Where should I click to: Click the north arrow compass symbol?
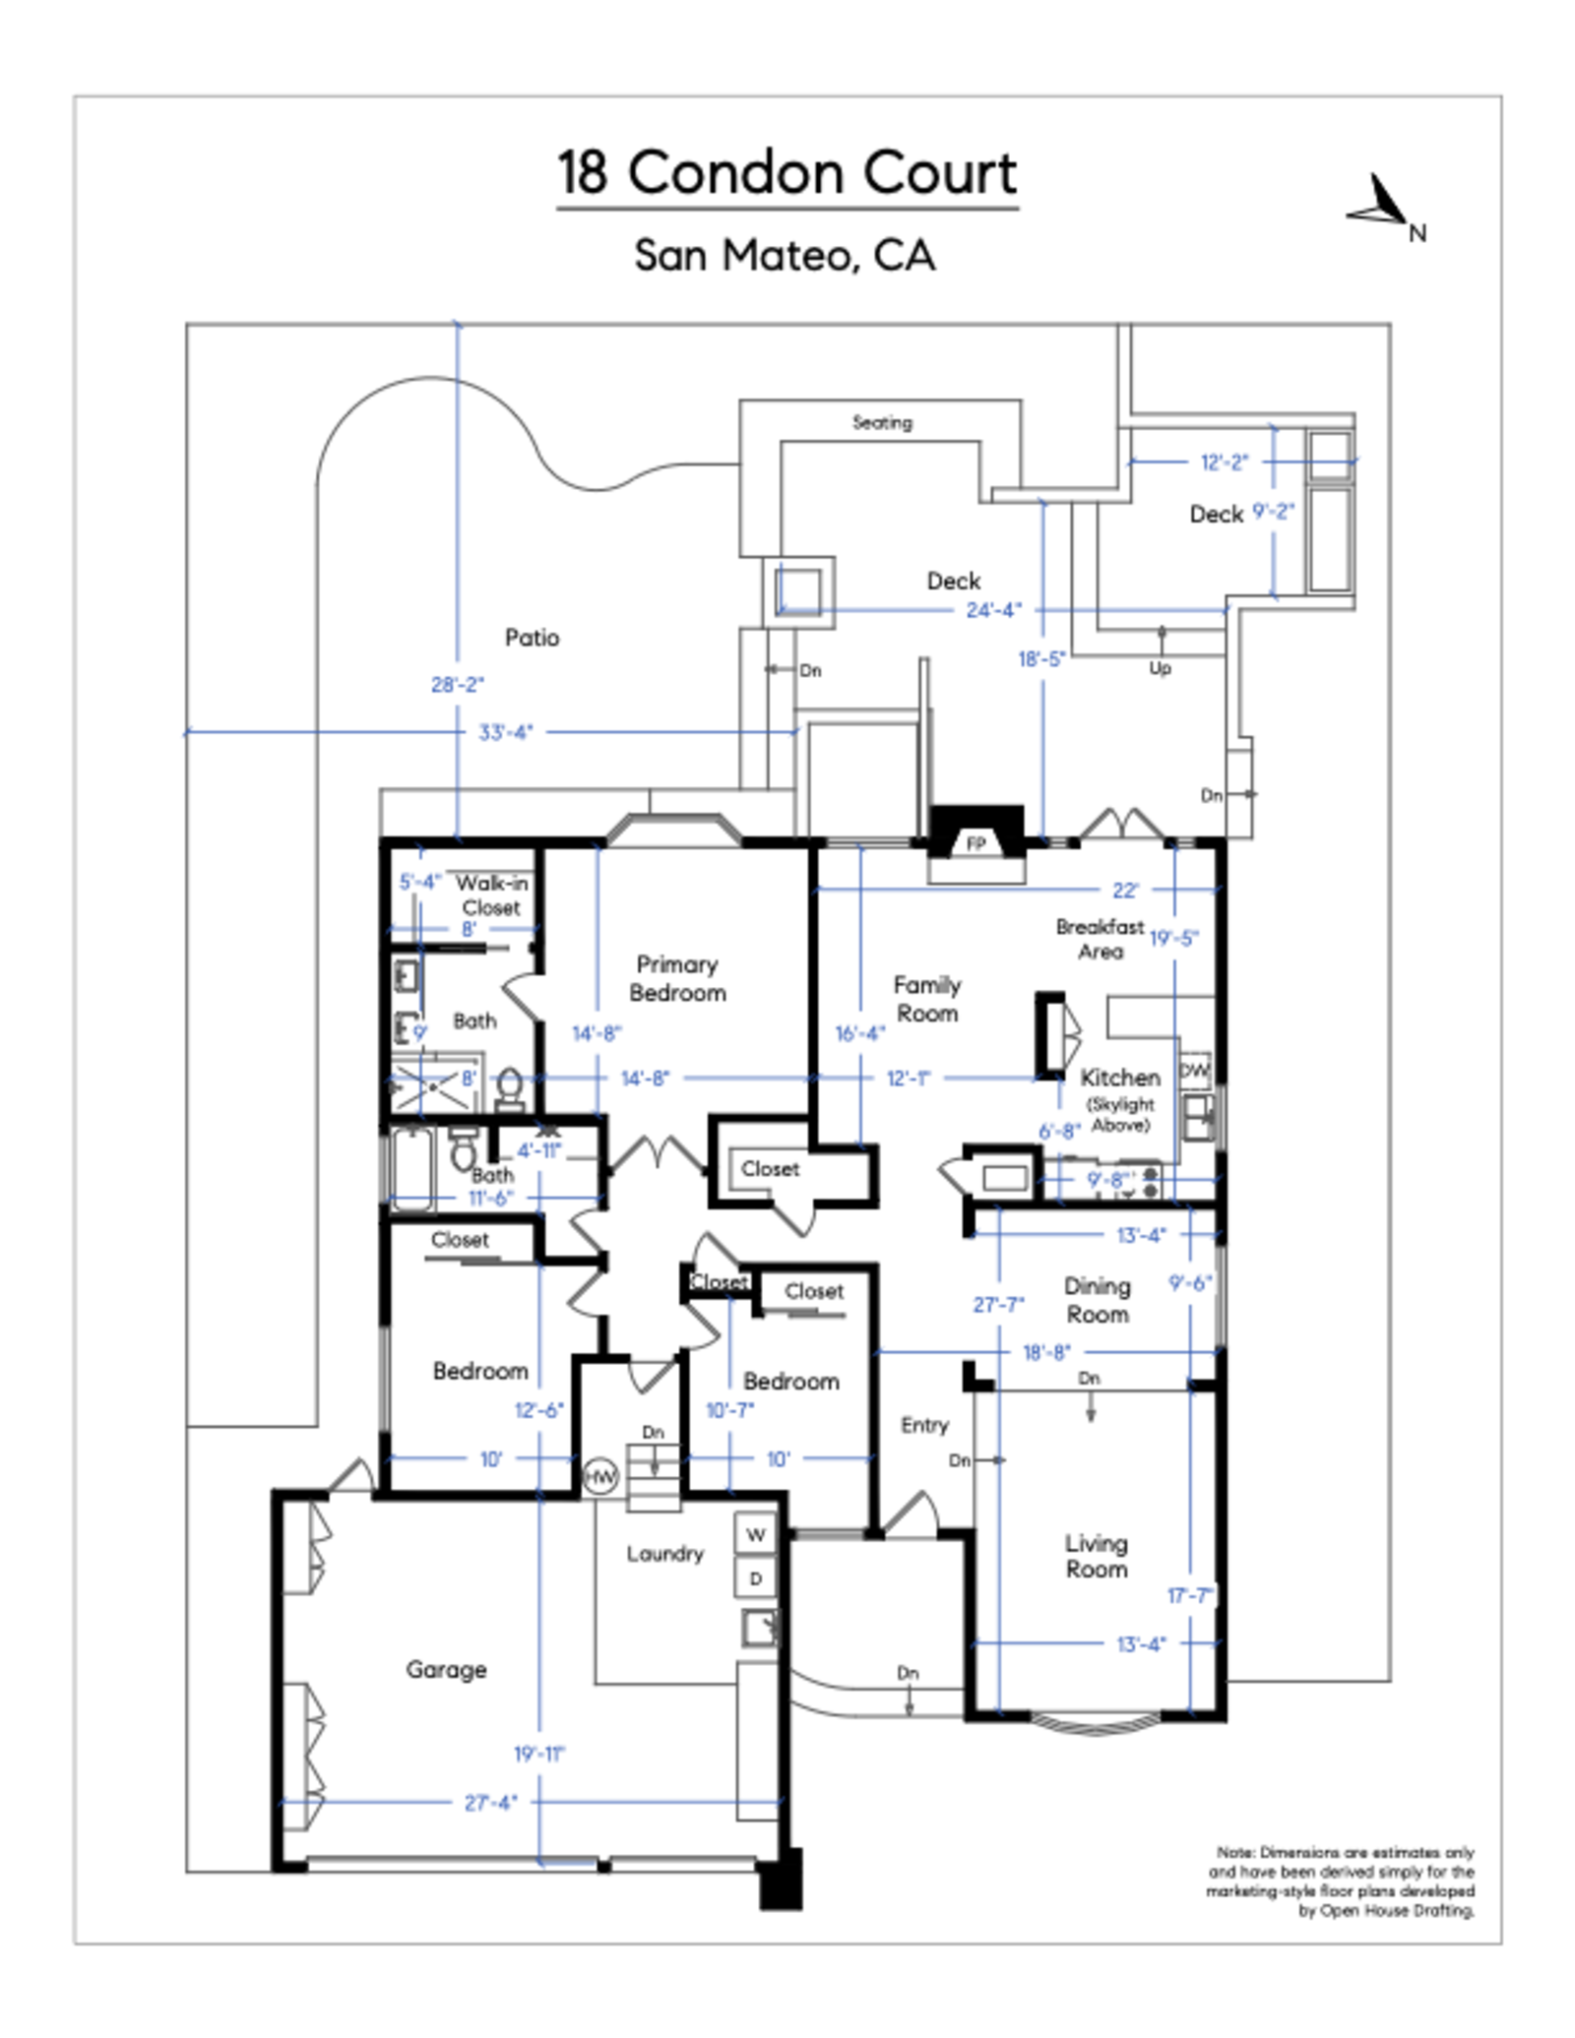click(1382, 203)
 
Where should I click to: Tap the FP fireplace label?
click(975, 843)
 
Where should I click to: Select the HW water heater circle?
click(599, 1477)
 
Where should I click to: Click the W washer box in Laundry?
click(755, 1534)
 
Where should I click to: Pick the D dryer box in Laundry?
click(755, 1578)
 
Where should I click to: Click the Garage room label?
click(446, 1669)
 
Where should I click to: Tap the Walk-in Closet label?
click(490, 895)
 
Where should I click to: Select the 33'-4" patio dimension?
click(505, 732)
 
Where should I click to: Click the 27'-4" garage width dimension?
click(490, 1803)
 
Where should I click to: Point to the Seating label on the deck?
click(881, 422)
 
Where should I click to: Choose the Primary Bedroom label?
click(677, 978)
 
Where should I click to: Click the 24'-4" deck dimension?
click(993, 610)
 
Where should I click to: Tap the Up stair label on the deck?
click(1160, 668)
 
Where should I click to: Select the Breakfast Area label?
click(1100, 939)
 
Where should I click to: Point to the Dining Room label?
click(1097, 1299)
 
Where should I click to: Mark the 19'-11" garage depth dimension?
click(539, 1754)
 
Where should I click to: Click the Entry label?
click(924, 1424)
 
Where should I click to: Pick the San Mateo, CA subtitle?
click(785, 255)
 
